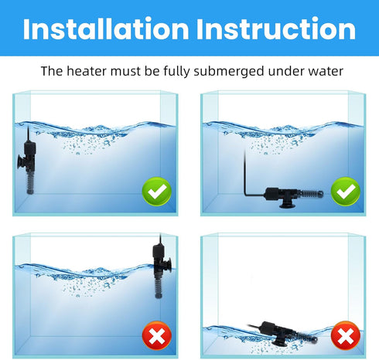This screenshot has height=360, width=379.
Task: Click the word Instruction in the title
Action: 273,29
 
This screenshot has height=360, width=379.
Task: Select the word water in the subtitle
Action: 321,72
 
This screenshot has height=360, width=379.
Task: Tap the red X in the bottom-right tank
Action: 345,334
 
